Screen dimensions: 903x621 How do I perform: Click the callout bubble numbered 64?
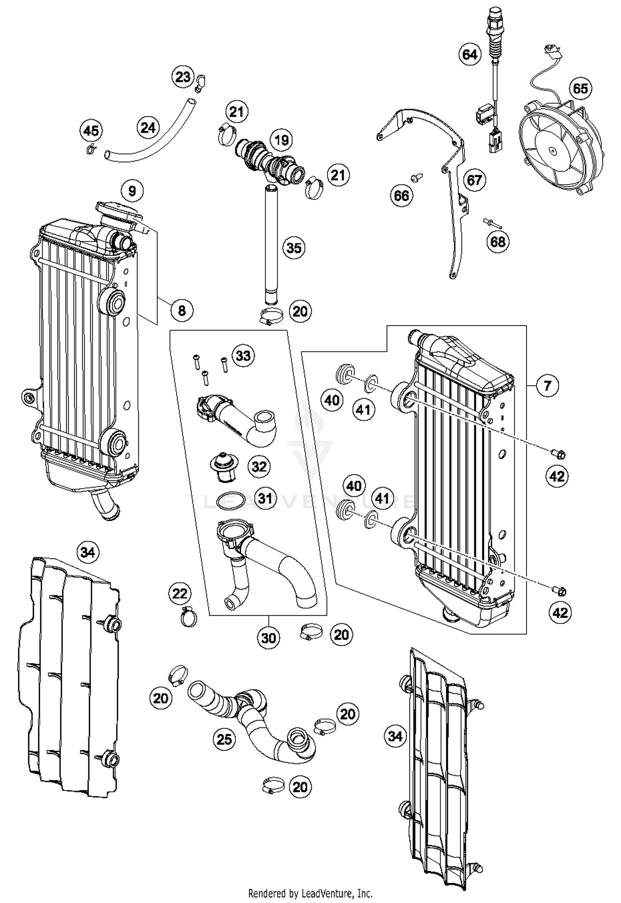click(x=469, y=55)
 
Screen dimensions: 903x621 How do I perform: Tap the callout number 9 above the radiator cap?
click(x=132, y=191)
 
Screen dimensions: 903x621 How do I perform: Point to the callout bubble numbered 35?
click(x=294, y=248)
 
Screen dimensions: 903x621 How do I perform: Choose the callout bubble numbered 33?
click(x=243, y=355)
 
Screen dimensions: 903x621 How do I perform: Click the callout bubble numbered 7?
click(x=547, y=385)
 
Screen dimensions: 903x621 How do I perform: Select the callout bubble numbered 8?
click(x=182, y=310)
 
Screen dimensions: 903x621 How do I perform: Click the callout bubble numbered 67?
click(x=474, y=180)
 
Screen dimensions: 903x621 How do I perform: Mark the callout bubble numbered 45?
click(x=91, y=131)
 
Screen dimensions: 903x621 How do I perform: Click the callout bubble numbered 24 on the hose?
click(x=148, y=128)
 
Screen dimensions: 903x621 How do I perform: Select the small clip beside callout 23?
click(x=201, y=82)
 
